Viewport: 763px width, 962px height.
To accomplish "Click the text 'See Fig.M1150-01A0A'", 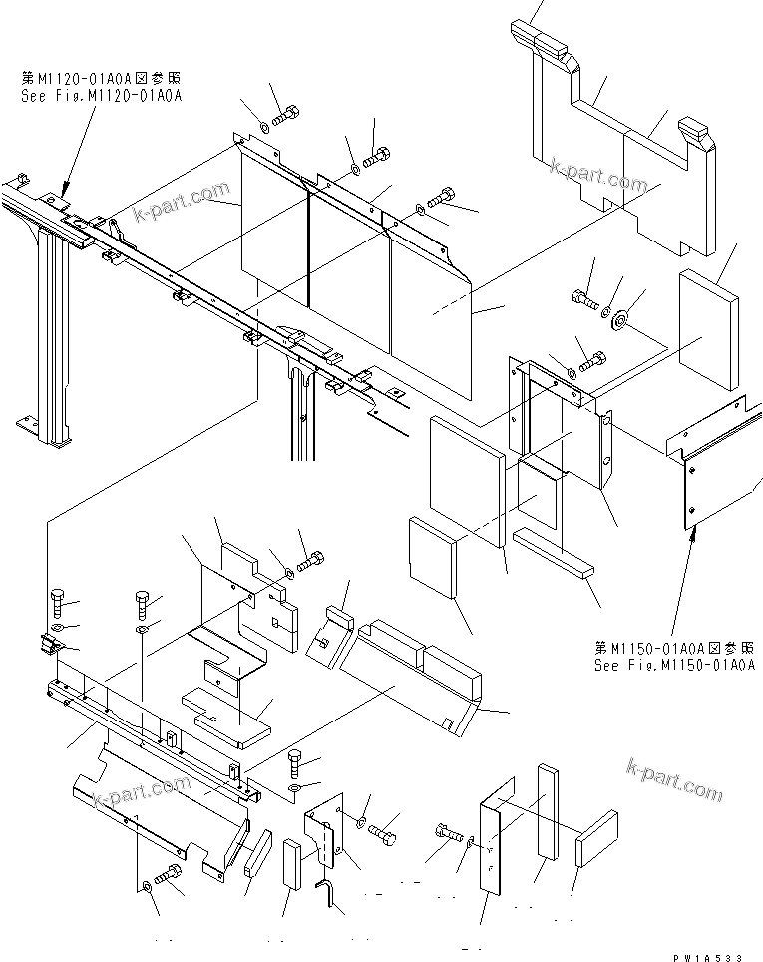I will (x=674, y=665).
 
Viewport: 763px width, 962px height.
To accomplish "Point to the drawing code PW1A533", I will (x=707, y=956).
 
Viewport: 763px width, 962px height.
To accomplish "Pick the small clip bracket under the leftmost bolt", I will (x=50, y=646).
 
